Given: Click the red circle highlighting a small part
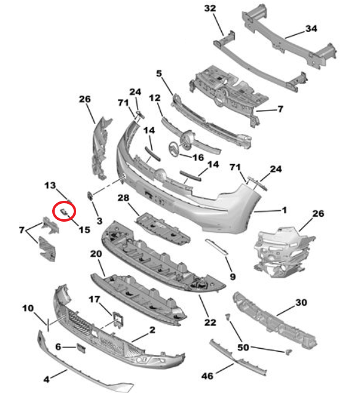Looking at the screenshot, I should click(65, 211).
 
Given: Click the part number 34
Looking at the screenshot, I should click(311, 29).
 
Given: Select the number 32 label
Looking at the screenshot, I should click(210, 9).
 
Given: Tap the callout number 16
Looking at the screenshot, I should click(198, 157).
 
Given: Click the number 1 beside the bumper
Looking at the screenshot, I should click(284, 210).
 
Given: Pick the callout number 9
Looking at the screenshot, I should click(232, 277).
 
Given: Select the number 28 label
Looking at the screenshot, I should click(123, 197).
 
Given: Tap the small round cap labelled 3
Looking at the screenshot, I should click(90, 195).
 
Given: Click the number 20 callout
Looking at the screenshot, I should click(96, 254).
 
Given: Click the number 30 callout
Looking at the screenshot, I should click(300, 302).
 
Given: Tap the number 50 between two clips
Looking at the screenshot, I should click(244, 348).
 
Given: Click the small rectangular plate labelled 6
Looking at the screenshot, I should click(80, 348).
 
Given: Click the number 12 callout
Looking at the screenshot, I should click(154, 98).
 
